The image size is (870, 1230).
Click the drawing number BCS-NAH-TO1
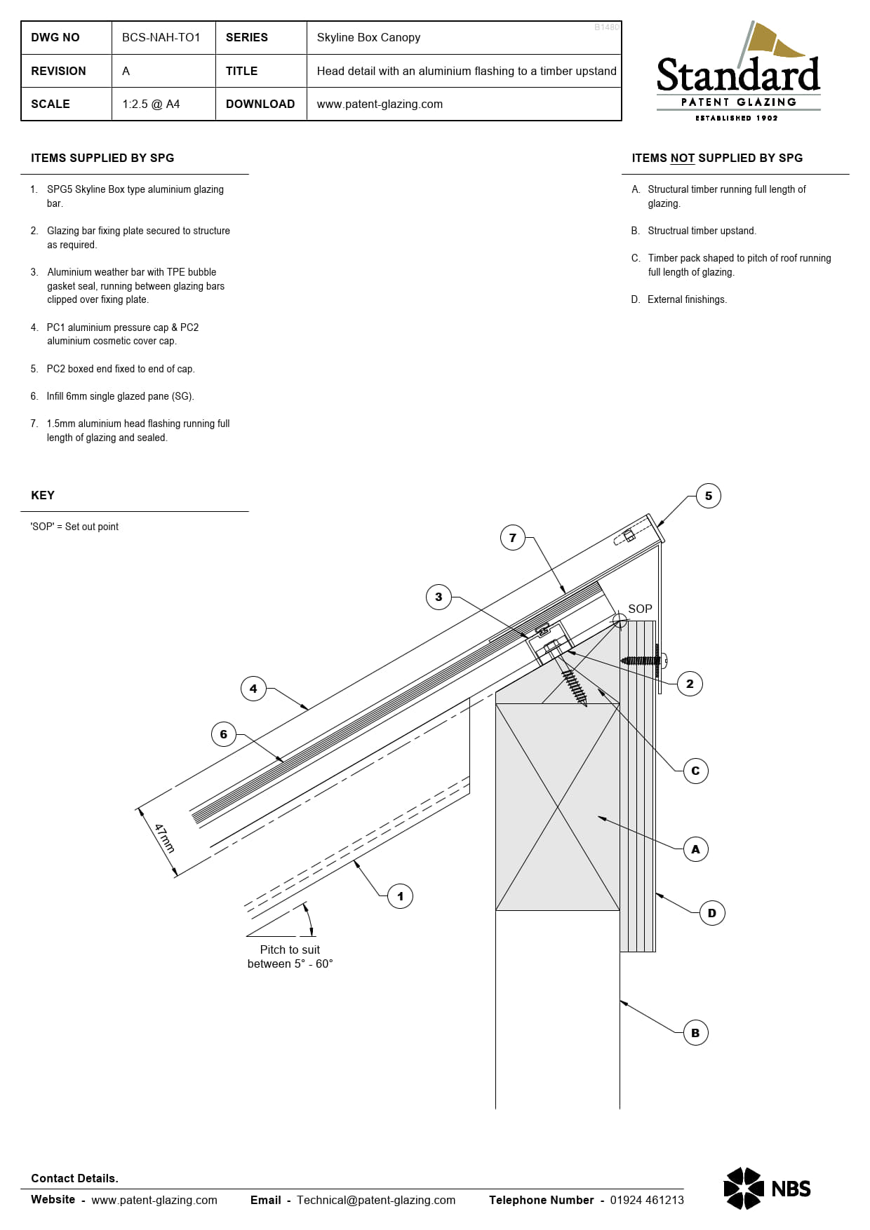pos(161,37)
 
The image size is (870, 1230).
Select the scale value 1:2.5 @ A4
pos(151,104)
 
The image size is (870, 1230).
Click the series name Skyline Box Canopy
pos(368,37)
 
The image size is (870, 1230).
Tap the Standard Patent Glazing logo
pos(738,74)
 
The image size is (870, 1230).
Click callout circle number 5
pos(708,496)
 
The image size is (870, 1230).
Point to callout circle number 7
pos(512,538)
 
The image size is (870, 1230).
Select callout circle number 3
pos(439,597)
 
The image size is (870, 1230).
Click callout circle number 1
pos(400,896)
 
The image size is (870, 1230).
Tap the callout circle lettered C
pos(695,771)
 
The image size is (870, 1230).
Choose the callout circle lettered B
pos(695,1033)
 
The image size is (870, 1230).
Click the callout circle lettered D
pos(711,913)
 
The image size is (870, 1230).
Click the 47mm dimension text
pos(164,838)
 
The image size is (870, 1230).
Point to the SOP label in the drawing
pos(640,609)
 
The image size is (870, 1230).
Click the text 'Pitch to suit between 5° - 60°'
pos(290,957)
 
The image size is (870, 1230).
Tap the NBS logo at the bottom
pos(767,1189)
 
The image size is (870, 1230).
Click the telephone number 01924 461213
pos(646,1200)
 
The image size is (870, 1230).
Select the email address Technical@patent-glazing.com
pos(375,1200)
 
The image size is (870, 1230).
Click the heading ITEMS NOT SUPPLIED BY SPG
pos(716,158)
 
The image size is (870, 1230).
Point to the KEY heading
pos(43,495)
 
